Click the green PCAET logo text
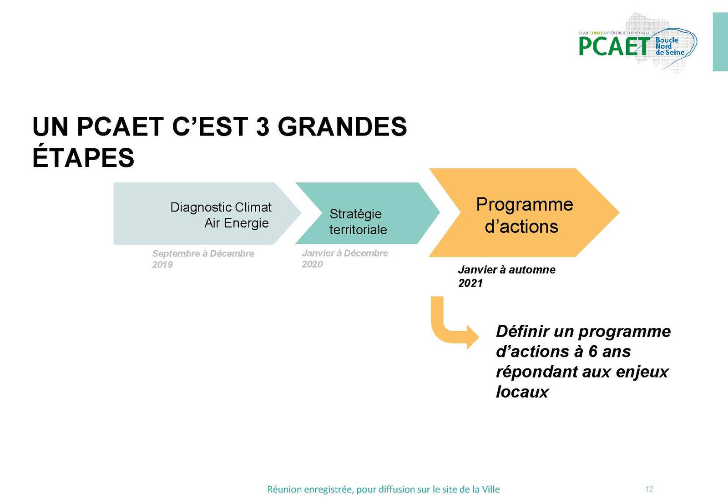click(614, 46)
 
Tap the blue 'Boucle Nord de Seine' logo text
click(669, 46)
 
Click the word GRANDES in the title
click(342, 126)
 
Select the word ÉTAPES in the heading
click(83, 157)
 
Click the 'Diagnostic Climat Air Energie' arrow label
click(221, 215)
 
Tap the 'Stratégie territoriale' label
click(358, 222)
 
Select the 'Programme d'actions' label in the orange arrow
click(524, 215)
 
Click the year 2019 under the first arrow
click(162, 265)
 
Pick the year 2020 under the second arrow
click(312, 264)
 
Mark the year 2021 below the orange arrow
click(470, 283)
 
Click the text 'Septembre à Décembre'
click(203, 253)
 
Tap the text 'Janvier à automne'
click(506, 270)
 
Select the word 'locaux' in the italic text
click(522, 392)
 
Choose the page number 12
click(649, 489)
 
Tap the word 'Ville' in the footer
click(491, 489)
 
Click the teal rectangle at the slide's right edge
click(720, 41)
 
